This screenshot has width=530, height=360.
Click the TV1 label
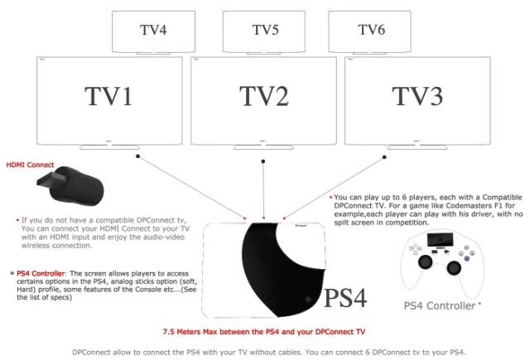108,96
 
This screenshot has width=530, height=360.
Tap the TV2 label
264,96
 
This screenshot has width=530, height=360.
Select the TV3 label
417,96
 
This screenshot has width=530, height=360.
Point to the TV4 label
153,30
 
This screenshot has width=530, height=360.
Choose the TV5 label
265,30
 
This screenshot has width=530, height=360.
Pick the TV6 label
372,30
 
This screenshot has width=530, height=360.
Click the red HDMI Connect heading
30,165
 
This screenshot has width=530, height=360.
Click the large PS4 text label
345,298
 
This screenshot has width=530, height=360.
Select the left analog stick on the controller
425,262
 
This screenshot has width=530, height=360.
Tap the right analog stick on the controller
454,268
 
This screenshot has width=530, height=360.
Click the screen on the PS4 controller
440,239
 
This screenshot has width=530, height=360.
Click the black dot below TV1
137,156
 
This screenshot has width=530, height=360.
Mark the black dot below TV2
263,161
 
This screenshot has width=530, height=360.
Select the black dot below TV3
384,157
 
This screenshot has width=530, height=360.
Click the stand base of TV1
109,147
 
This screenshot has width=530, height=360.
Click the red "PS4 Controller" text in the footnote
41,274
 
